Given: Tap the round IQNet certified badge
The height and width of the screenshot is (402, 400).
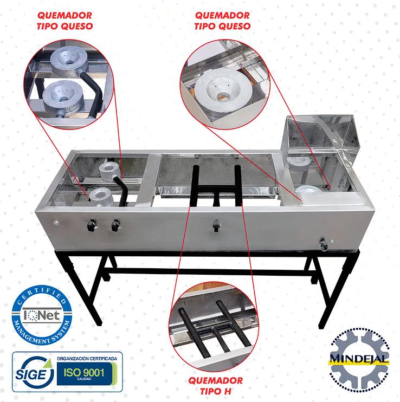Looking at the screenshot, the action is point(42,315).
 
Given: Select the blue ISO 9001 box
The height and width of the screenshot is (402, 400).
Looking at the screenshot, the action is point(85,373).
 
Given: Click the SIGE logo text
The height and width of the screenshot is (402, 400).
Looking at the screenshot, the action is point(31,374).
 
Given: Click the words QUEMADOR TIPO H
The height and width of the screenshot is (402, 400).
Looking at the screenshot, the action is point(215,386).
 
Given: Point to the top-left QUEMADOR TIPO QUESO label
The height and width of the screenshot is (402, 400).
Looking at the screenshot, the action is point(64,21).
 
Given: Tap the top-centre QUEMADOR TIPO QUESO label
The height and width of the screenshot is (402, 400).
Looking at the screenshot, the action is point(222,21).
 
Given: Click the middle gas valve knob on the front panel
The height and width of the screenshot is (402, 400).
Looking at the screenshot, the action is point(216,225).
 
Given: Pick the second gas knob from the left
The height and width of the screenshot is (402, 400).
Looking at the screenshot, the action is point(116,226).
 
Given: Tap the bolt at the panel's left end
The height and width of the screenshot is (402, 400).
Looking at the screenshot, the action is point(56,223).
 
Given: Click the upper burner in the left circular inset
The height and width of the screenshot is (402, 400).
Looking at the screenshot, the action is point(69,62).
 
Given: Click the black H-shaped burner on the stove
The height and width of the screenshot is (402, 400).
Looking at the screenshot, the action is point(217,186).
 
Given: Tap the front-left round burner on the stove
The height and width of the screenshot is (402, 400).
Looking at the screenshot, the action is point(100,197).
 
